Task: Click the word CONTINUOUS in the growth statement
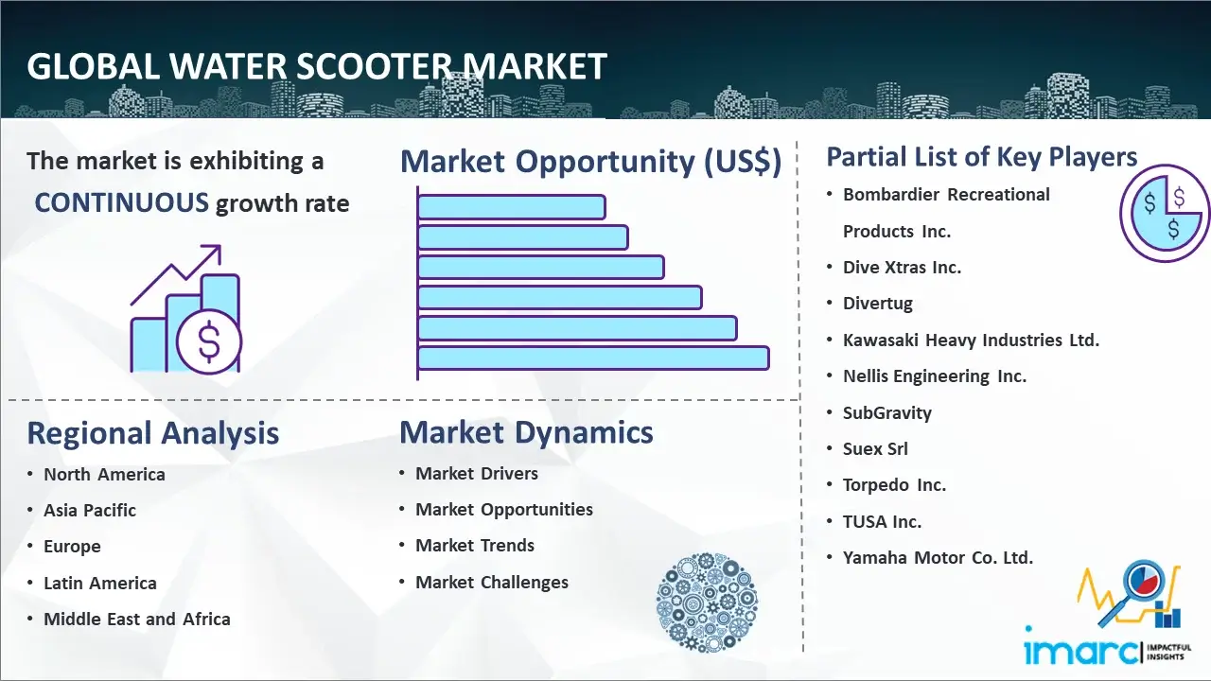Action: click(122, 202)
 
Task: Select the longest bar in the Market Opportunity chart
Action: click(593, 358)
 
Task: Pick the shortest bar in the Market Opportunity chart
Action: click(512, 207)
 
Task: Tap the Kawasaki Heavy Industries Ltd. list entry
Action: click(971, 340)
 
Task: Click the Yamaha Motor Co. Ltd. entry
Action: click(938, 557)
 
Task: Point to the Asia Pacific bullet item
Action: click(90, 510)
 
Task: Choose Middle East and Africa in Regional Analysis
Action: click(137, 619)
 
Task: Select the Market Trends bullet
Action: click(475, 546)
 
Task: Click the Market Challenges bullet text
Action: click(492, 582)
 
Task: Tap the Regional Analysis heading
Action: click(153, 433)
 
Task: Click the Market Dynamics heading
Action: click(526, 432)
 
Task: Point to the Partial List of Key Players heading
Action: click(982, 157)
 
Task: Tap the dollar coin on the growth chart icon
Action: click(209, 341)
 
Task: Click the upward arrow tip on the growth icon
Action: click(219, 247)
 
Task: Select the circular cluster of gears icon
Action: click(707, 602)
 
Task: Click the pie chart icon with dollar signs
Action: click(1165, 214)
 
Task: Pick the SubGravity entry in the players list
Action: click(887, 413)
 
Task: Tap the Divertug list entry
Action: click(877, 304)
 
